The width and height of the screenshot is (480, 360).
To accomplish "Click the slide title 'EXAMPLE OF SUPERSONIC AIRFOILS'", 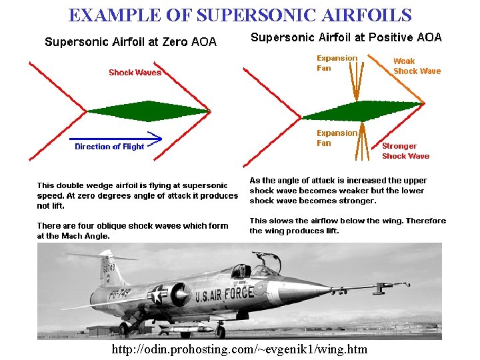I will [x=240, y=15].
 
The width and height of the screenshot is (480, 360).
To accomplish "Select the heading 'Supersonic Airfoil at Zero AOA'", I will [x=131, y=42].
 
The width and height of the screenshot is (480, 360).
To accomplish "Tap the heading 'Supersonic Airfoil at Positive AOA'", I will [x=346, y=37].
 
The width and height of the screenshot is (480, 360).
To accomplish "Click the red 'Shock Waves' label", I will [x=135, y=72].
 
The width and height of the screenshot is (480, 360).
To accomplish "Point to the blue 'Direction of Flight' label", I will [x=109, y=147].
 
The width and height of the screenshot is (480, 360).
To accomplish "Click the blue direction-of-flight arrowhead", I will [x=156, y=139].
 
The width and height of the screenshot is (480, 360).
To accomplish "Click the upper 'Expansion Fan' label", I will [x=337, y=63].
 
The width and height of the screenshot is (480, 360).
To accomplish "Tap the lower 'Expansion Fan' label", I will [x=337, y=138].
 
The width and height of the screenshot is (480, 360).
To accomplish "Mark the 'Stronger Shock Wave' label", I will [x=405, y=151].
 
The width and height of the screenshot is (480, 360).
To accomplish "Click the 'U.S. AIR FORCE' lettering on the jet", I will [x=224, y=294].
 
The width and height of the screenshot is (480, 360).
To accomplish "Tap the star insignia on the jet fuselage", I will [x=159, y=295].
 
